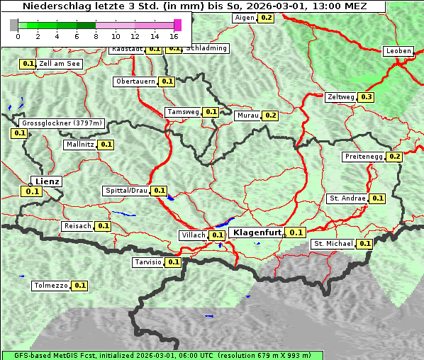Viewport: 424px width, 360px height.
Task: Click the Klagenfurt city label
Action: tap(257, 232)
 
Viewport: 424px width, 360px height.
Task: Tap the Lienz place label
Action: tap(47, 181)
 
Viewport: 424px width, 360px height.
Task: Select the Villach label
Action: tap(194, 235)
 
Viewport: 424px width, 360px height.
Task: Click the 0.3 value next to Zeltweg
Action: tap(366, 97)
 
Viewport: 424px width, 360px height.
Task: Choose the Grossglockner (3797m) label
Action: tap(62, 123)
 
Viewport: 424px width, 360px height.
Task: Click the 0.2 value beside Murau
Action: tap(269, 115)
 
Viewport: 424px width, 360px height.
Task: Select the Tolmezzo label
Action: tap(50, 286)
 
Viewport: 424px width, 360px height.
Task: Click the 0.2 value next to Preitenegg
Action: tap(394, 157)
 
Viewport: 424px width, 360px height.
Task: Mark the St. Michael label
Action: tap(333, 244)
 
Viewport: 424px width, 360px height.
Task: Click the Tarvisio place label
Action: tap(147, 262)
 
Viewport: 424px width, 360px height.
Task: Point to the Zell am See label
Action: tap(60, 64)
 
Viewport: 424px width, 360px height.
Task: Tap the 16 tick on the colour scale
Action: tap(174, 35)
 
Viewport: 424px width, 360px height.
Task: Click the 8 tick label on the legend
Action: tap(96, 35)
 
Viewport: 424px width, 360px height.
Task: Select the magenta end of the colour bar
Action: tap(177, 25)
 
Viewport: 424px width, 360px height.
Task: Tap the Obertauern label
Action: tap(135, 81)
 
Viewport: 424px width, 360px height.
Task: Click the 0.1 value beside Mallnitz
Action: tap(106, 144)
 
